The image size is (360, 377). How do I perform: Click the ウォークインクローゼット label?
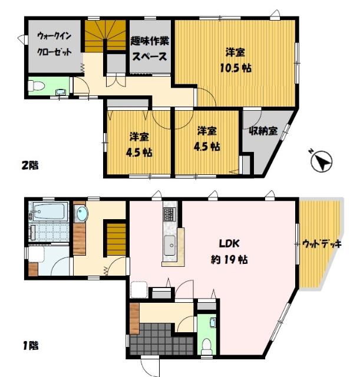(54, 43)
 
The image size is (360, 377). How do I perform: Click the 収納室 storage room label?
(263, 130)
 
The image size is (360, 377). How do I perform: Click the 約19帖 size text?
(229, 260)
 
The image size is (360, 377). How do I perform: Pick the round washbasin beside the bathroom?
(81, 213)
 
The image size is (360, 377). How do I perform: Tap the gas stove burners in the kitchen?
(169, 214)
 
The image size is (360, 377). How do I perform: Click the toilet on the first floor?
(206, 345)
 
